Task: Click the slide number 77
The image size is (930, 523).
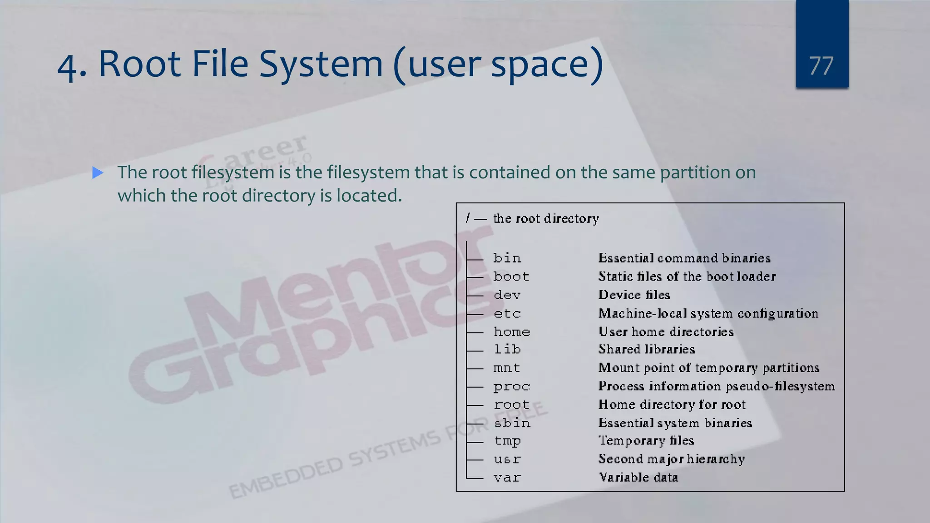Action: tap(821, 66)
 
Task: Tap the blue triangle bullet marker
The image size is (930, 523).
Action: tap(98, 173)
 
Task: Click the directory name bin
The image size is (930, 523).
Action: tap(507, 258)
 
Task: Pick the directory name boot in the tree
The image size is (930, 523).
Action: tap(511, 276)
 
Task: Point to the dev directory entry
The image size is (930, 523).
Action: tap(507, 295)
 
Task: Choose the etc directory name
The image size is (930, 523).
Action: tap(507, 313)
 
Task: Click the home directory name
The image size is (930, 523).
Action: tap(512, 332)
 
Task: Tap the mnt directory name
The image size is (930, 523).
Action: tap(507, 368)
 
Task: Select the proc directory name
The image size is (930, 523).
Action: tap(512, 386)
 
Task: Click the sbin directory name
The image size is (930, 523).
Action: tap(512, 423)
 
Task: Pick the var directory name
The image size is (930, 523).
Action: tap(507, 478)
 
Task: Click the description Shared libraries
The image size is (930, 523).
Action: tap(647, 349)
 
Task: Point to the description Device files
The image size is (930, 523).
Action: tap(634, 295)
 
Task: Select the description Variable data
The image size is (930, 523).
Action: tap(638, 478)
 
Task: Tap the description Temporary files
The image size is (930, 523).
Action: tap(646, 440)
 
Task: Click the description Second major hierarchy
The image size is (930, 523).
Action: tap(672, 459)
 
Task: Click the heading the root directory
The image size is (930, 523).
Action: tap(546, 219)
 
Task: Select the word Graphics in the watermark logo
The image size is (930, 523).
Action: tap(291, 336)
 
